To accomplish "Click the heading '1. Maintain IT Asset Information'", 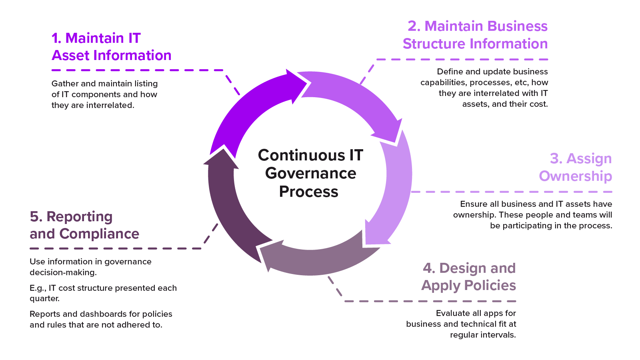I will click(x=111, y=47).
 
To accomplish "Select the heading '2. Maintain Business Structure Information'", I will click(x=475, y=35).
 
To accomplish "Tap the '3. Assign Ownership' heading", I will click(x=575, y=167).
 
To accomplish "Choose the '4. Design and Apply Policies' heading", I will click(x=469, y=277).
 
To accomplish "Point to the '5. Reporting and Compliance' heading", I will click(x=84, y=225).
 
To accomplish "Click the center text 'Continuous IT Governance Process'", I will click(x=310, y=173).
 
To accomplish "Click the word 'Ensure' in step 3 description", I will click(x=474, y=204).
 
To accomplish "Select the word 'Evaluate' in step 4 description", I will click(x=453, y=313).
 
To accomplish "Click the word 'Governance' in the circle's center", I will click(x=310, y=174).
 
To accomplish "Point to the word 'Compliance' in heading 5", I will click(x=99, y=234).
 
